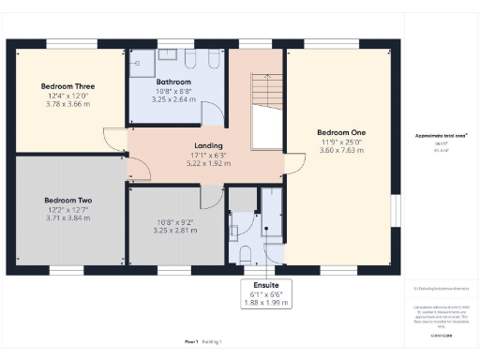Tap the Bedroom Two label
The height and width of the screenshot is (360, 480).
pos(67,200)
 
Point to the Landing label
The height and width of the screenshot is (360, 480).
pos(207,145)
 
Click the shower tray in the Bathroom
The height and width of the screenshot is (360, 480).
pos(143,58)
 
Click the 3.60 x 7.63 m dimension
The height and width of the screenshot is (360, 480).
pos(340,150)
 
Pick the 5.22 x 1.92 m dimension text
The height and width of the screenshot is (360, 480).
pos(207,163)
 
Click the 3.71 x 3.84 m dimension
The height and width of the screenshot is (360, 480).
pos(67,217)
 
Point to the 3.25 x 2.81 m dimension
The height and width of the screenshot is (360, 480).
pos(173,230)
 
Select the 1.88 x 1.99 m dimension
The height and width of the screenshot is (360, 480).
pos(253,302)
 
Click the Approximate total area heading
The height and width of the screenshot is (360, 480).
pos(441,136)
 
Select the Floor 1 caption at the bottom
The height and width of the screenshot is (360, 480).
pos(192,343)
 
